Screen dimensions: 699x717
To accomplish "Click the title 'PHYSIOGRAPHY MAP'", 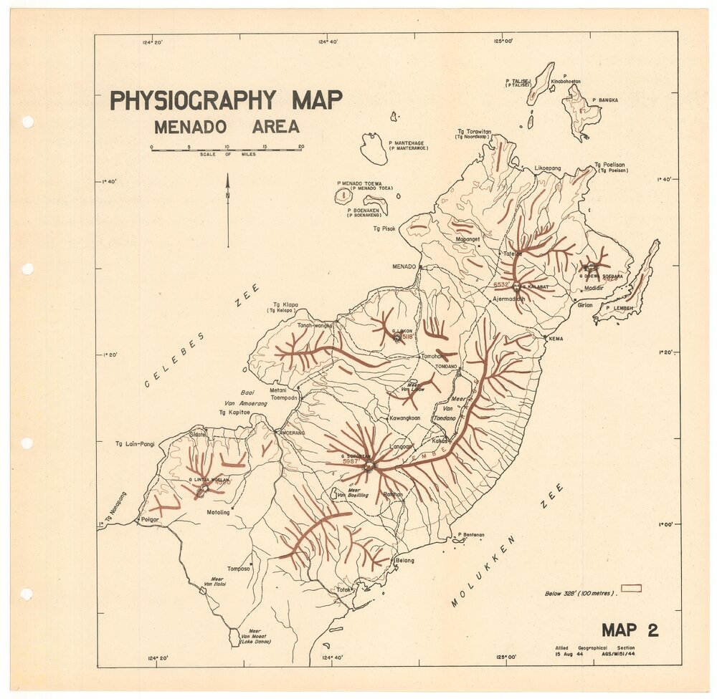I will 226,100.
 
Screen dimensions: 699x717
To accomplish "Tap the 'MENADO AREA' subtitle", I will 227,127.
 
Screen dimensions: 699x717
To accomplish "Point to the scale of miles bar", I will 226,150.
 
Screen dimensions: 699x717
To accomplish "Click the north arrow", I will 228,208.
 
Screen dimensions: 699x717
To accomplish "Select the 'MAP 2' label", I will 630,630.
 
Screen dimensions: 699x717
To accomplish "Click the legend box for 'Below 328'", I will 631,589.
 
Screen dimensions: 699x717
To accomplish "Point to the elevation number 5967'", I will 351,462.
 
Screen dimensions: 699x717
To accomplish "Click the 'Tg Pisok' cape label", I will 384,228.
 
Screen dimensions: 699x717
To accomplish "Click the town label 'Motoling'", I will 218,513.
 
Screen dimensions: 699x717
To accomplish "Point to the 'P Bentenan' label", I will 470,534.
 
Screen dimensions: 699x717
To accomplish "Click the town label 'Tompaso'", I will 239,569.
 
